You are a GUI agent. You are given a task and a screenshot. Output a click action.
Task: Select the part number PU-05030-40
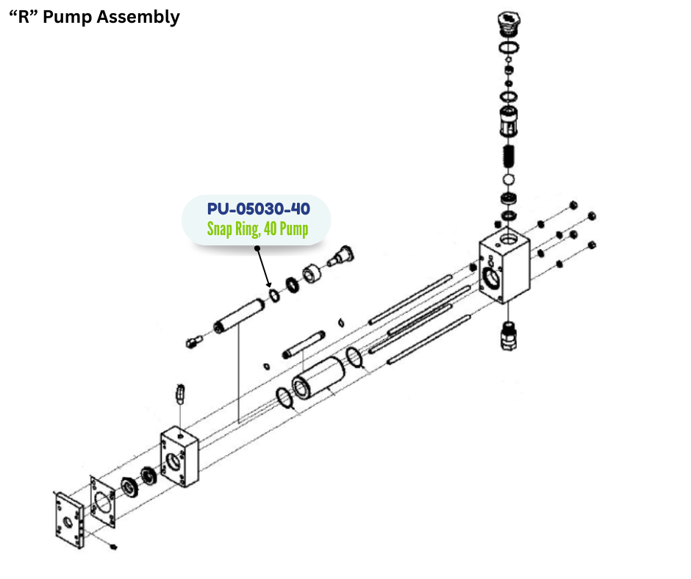click(x=257, y=209)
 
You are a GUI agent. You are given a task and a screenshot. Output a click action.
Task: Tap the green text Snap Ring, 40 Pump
click(x=257, y=229)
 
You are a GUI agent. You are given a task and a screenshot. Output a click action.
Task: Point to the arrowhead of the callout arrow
click(x=270, y=287)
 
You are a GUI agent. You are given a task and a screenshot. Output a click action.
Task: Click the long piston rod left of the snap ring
click(x=239, y=314)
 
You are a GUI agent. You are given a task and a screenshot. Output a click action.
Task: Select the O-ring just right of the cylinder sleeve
click(x=354, y=358)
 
